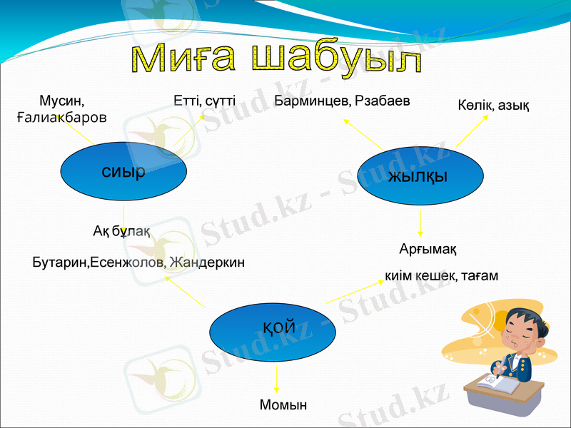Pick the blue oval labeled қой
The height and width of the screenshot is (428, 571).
coord(273,328)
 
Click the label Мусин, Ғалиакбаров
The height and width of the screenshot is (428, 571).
coord(61,108)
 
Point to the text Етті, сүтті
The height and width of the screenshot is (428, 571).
coord(204,101)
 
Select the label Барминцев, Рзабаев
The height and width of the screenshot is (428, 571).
coord(342,101)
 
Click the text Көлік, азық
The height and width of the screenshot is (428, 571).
coord(492,106)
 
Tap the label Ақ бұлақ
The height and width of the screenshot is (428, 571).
coord(121,230)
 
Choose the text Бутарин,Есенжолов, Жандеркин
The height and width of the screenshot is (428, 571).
coord(138,263)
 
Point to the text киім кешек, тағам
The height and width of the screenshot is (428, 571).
coord(441,275)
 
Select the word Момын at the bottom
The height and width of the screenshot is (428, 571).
coord(283,404)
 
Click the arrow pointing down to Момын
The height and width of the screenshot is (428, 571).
coord(276,377)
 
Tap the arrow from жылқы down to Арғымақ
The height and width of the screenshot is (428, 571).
coord(420,223)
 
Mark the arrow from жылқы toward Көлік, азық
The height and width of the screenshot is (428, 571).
coord(473,131)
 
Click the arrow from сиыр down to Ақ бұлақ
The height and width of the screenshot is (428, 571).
coord(124,215)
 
